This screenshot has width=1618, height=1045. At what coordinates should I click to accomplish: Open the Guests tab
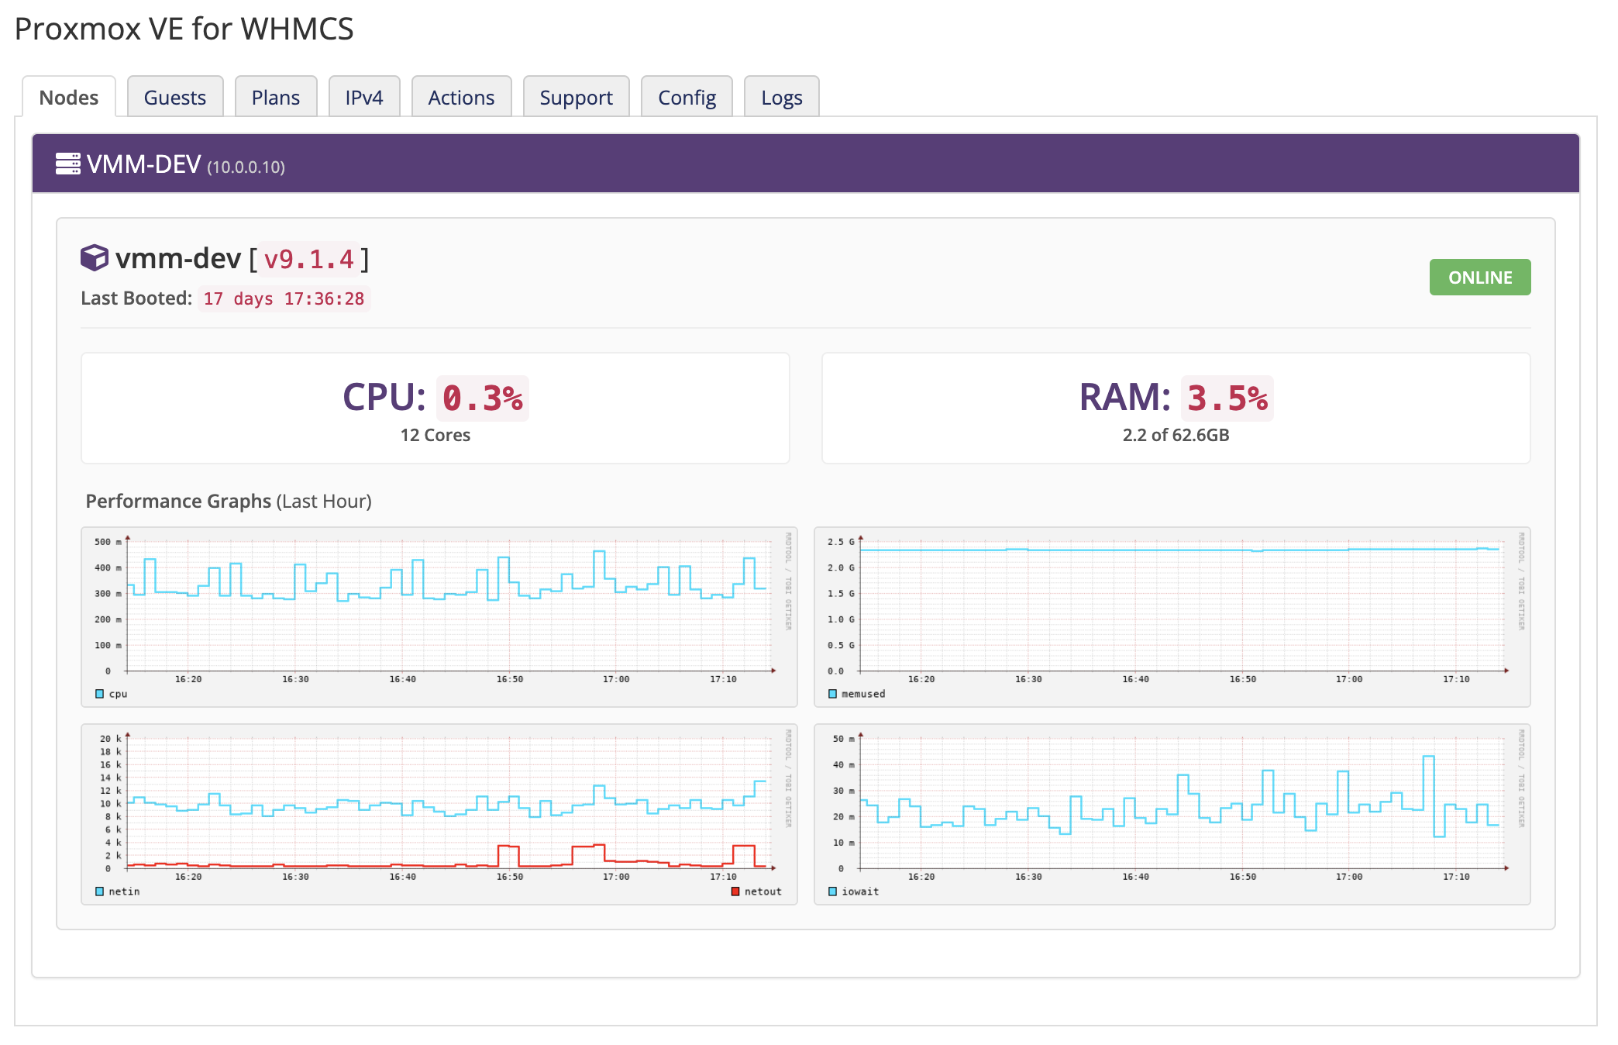[x=175, y=98]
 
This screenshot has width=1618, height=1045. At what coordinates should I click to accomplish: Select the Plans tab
[x=276, y=98]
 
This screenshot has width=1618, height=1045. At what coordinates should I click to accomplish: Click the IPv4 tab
[x=364, y=98]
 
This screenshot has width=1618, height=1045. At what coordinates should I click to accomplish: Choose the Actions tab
[x=461, y=98]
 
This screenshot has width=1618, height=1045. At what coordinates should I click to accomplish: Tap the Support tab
[x=576, y=98]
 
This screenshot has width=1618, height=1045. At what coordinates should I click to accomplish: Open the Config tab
[x=687, y=98]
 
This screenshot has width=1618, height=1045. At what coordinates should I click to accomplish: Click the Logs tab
[x=781, y=98]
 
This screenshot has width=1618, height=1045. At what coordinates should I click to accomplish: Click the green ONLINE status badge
[x=1479, y=278]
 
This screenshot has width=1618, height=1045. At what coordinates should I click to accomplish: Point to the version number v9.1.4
[x=308, y=259]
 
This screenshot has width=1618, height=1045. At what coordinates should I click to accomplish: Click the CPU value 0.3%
[x=482, y=398]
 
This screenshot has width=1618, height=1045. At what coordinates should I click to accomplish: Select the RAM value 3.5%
[x=1227, y=398]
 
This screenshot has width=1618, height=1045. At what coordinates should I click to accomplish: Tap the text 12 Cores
[x=435, y=435]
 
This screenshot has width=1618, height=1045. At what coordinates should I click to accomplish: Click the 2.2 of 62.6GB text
[x=1176, y=435]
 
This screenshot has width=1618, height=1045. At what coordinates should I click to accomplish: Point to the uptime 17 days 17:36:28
[x=284, y=299]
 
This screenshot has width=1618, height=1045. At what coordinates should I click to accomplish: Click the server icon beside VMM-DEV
[x=68, y=164]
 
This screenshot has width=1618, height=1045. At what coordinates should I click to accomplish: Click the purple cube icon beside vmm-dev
[x=95, y=258]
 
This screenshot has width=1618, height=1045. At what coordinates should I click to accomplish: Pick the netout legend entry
[x=756, y=892]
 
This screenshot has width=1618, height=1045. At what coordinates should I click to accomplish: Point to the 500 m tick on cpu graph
[x=107, y=542]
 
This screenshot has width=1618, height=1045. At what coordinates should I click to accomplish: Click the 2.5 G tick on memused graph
[x=840, y=542]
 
